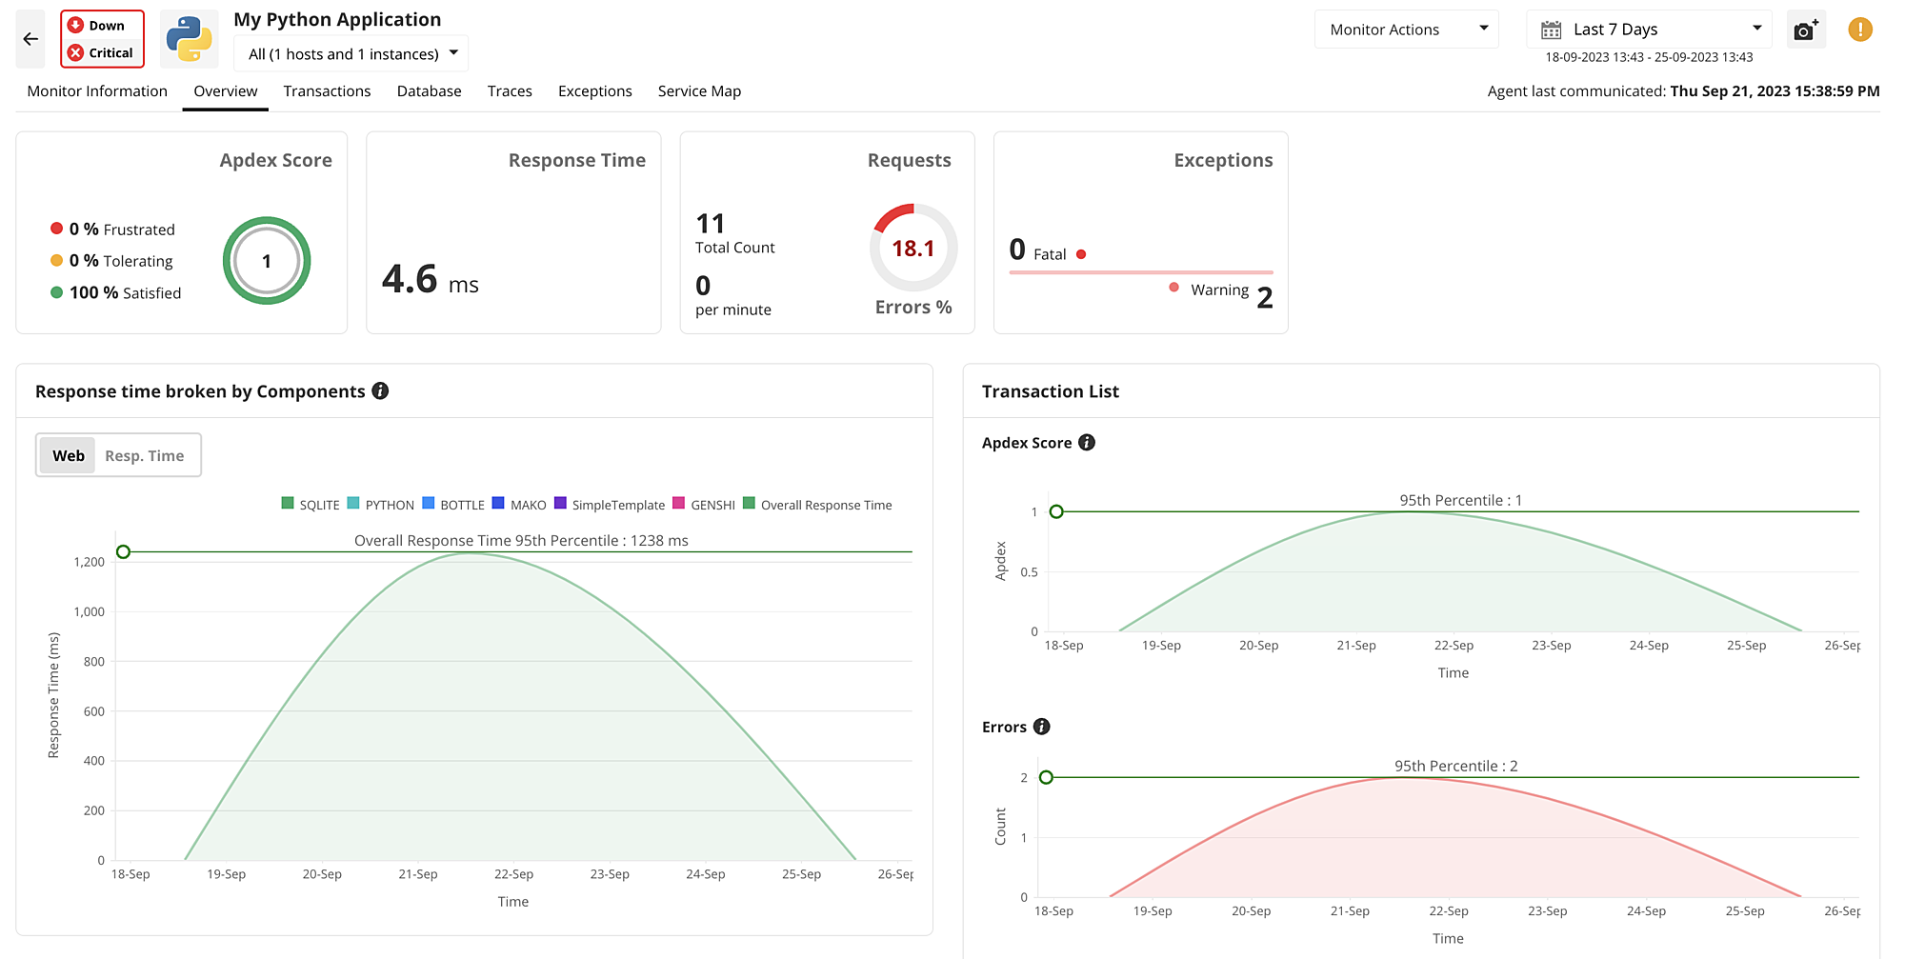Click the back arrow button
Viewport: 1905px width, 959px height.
point(30,39)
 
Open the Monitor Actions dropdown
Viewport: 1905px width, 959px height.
point(1406,30)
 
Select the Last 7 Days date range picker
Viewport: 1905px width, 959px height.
point(1648,30)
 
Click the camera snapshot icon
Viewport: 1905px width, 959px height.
point(1805,30)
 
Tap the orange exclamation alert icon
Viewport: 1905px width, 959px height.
point(1859,30)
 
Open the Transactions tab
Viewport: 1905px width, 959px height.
point(327,91)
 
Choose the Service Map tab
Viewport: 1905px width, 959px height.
point(699,91)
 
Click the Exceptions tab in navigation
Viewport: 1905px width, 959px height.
point(594,91)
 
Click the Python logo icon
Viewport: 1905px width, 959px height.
point(189,39)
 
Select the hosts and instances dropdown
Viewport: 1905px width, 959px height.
point(351,54)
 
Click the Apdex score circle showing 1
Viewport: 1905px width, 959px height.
point(267,261)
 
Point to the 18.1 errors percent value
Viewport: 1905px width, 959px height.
point(912,249)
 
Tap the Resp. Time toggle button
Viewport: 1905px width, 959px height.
point(145,456)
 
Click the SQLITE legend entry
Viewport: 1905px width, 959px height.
point(311,505)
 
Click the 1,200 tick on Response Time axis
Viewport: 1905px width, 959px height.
point(90,562)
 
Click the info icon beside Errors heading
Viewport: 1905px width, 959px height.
point(1042,727)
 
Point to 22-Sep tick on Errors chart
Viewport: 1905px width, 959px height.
point(1448,911)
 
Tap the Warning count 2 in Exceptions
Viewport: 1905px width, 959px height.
point(1264,297)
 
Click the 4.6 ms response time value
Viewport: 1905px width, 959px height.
point(430,280)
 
